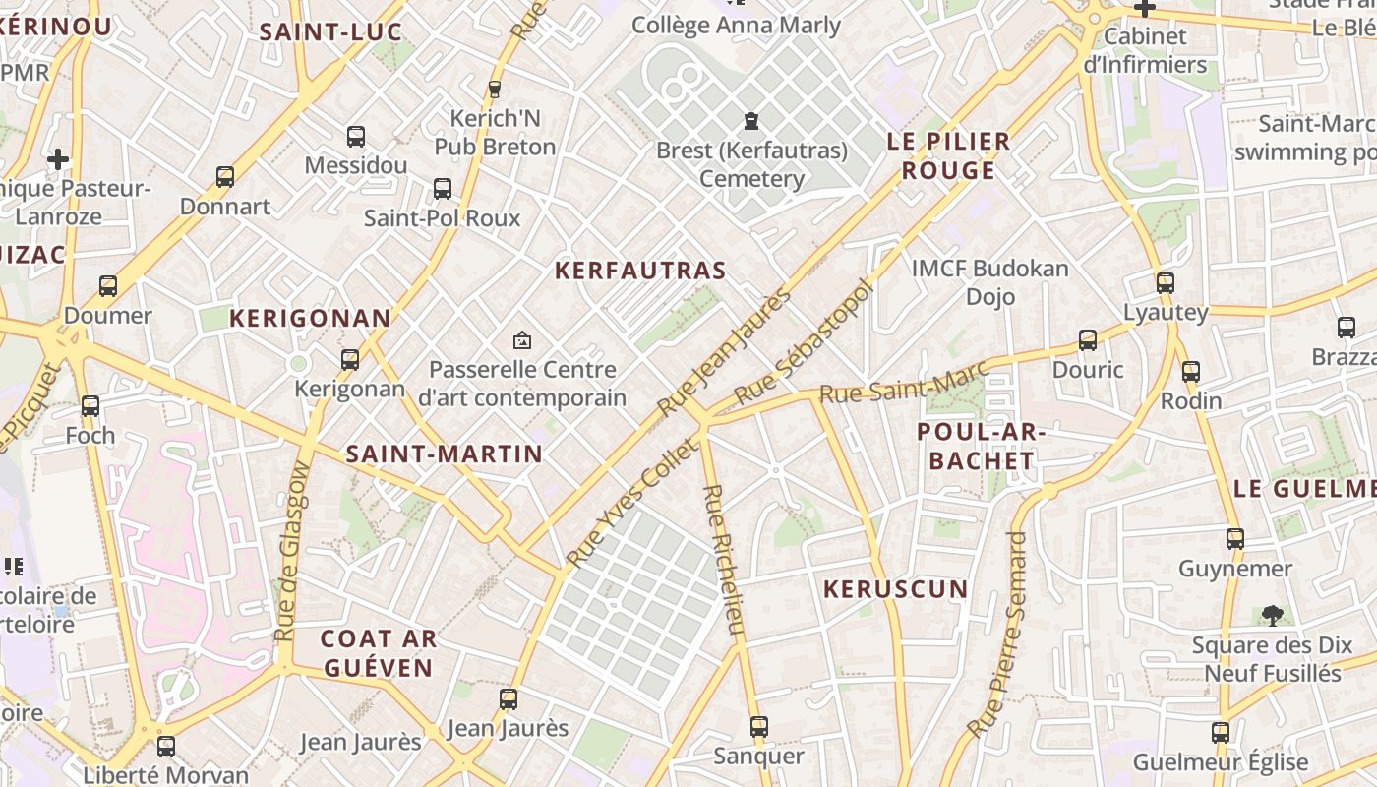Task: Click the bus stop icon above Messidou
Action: pyautogui.click(x=356, y=137)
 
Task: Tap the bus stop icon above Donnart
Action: pyautogui.click(x=225, y=177)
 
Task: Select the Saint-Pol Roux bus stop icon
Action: pyautogui.click(x=443, y=188)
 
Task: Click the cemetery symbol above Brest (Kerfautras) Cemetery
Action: pyautogui.click(x=751, y=121)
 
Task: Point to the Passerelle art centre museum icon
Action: pyautogui.click(x=522, y=340)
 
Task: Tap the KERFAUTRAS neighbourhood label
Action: pyautogui.click(x=640, y=271)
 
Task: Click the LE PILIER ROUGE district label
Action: pyautogui.click(x=948, y=155)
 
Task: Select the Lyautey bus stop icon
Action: pyautogui.click(x=1166, y=283)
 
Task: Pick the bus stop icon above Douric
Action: pyautogui.click(x=1087, y=340)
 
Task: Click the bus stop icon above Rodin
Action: pyautogui.click(x=1191, y=372)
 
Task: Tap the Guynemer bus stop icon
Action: pyautogui.click(x=1235, y=539)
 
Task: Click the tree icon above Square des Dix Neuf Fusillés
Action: pyautogui.click(x=1272, y=616)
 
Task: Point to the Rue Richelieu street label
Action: pyautogui.click(x=723, y=558)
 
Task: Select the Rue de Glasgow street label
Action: pyautogui.click(x=293, y=552)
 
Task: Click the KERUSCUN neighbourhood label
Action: pyautogui.click(x=895, y=589)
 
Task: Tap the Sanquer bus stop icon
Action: pyautogui.click(x=758, y=727)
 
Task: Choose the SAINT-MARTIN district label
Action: pyautogui.click(x=444, y=454)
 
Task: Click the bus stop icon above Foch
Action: pyautogui.click(x=90, y=405)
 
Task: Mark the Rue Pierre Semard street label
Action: pyautogui.click(x=999, y=636)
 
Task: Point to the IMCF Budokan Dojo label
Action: pyautogui.click(x=989, y=282)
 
